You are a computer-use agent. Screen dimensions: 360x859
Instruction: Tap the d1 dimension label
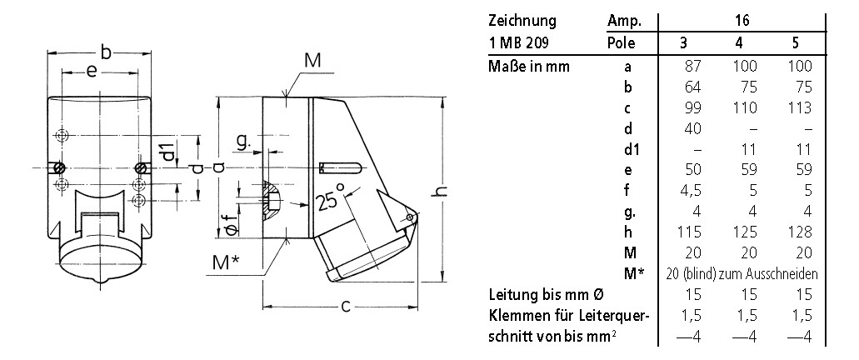point(168,152)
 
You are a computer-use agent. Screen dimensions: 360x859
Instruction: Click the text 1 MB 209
point(518,42)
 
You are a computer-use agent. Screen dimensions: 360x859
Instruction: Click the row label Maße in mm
point(530,66)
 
